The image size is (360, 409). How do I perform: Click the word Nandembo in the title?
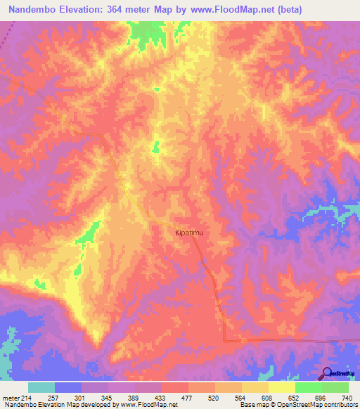[35, 11]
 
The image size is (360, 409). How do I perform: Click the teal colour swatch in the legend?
[41, 387]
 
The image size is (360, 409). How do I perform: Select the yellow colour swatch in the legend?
[282, 387]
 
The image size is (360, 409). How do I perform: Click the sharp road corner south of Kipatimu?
[224, 340]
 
